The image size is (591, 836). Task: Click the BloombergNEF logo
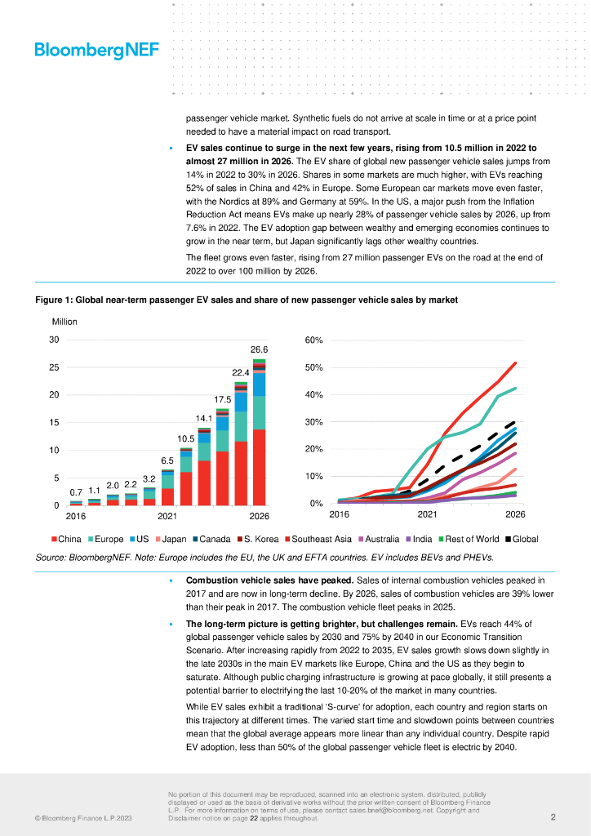(x=96, y=51)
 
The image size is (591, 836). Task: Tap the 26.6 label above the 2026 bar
(x=260, y=349)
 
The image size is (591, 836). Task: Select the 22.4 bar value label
(x=241, y=373)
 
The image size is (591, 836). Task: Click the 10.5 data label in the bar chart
(x=186, y=438)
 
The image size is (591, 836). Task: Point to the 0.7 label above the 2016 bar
(x=76, y=493)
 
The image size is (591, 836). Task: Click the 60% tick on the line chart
(x=314, y=340)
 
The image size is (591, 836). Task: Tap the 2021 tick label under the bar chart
(x=167, y=517)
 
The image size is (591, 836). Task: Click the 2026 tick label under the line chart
(x=515, y=515)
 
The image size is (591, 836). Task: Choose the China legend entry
(x=66, y=540)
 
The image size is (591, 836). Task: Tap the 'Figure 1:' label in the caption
(x=53, y=300)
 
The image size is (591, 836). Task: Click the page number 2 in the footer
(x=553, y=817)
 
